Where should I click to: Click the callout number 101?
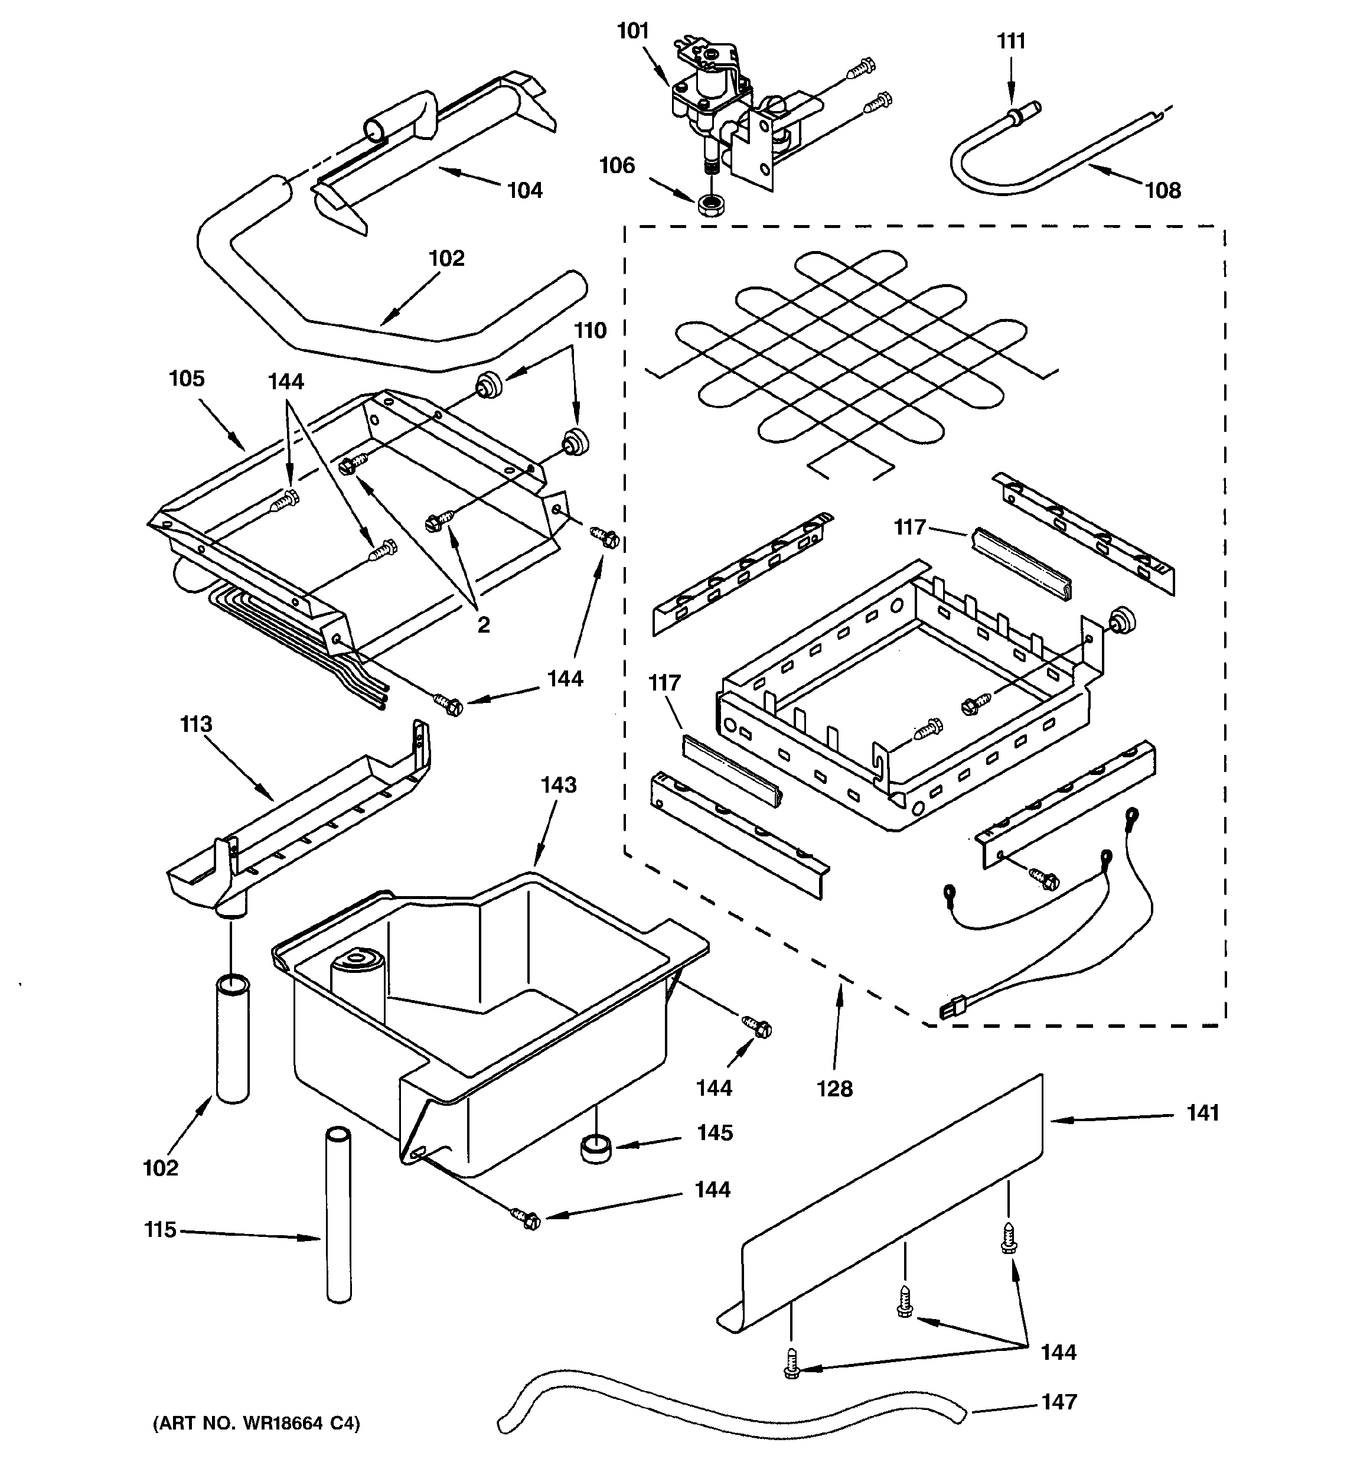tap(632, 31)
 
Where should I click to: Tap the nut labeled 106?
tap(710, 204)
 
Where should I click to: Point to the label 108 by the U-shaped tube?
tap(1163, 190)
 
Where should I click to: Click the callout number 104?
tap(524, 190)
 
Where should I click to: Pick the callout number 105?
tap(186, 379)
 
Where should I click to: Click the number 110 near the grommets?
tap(590, 331)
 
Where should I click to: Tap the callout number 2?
tap(483, 625)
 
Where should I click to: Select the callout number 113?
tap(195, 724)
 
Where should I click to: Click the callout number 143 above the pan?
tap(558, 786)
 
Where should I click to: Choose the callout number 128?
tap(834, 1089)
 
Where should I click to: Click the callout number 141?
tap(1202, 1113)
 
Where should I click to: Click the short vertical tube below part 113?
tap(233, 1038)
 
